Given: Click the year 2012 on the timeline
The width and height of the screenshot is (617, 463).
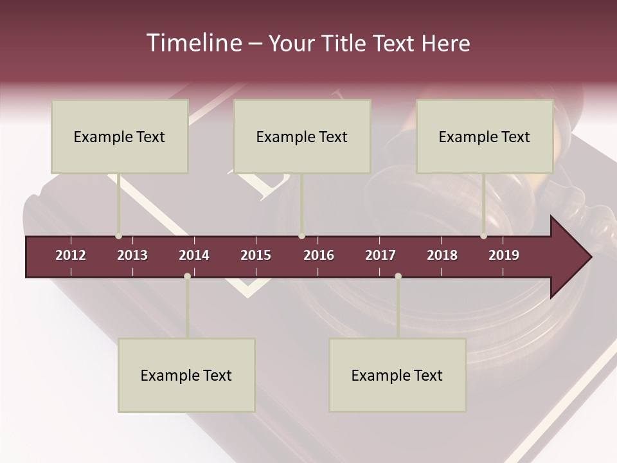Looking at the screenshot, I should coord(71,255).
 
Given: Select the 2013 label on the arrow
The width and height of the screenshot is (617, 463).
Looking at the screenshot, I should coord(132,255).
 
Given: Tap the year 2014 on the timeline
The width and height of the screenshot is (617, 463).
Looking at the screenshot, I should coord(194,255).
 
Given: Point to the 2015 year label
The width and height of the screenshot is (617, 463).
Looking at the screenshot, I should coord(256,255).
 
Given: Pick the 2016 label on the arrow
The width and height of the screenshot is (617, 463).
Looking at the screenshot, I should coord(319,255).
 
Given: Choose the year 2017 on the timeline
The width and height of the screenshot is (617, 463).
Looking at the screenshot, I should coord(380,255).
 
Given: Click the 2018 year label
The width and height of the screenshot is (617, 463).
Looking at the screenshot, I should coord(442,255).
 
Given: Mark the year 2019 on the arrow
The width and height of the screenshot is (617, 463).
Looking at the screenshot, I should coord(504,255).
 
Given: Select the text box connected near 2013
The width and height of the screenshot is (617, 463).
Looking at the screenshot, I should coord(120,136).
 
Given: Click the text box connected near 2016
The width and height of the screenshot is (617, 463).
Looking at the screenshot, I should coord(302,136).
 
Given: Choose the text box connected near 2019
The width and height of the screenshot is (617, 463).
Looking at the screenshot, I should coord(485,136).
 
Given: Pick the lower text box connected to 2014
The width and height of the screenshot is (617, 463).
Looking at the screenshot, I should coord(186,375).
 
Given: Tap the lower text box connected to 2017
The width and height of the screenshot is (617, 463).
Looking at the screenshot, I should coord(397,375).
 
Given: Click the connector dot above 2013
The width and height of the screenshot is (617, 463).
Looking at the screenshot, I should coord(118,236).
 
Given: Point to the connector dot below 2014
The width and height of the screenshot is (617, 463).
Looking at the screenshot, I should coord(187,276).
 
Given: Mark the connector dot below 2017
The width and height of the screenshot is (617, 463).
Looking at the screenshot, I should coord(398,276).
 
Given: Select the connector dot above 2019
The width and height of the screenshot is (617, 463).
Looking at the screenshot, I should coord(483,236).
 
